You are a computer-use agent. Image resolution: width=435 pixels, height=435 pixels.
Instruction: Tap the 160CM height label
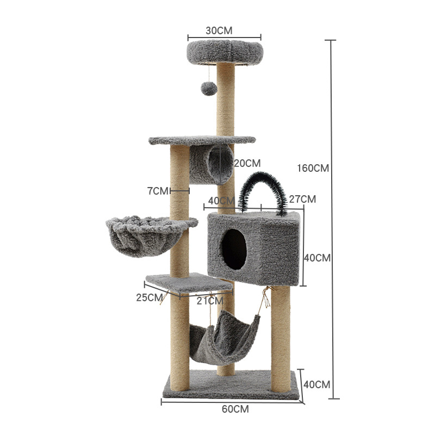coord(313,168)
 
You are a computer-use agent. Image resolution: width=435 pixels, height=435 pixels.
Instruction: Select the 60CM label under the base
coord(235,409)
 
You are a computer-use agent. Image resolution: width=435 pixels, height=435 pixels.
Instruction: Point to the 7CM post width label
coord(158,191)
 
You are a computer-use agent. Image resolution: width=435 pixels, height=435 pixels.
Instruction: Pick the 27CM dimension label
coord(302,199)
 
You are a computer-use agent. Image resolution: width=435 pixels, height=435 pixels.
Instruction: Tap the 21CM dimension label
coord(210,300)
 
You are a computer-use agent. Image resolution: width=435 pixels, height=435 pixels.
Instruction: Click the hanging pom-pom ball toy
coord(209,89)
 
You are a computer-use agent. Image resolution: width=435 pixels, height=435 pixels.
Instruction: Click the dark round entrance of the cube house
coord(234,249)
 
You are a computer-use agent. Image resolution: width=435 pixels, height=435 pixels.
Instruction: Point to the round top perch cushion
coord(225,52)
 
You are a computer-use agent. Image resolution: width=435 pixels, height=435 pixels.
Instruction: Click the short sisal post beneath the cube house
coord(281,337)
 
